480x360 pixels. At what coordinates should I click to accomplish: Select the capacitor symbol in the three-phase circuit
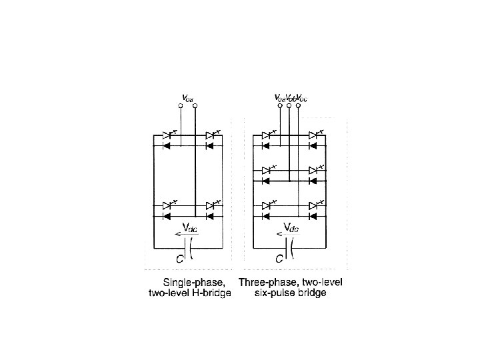click(289, 251)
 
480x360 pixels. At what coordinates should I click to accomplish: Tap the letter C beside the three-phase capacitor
click(279, 258)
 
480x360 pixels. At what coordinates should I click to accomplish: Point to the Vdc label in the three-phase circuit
click(291, 227)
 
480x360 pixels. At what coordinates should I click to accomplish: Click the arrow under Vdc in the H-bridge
click(181, 234)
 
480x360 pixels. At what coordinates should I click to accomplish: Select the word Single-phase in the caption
click(199, 282)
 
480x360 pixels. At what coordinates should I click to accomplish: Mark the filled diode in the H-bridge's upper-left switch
click(167, 145)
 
